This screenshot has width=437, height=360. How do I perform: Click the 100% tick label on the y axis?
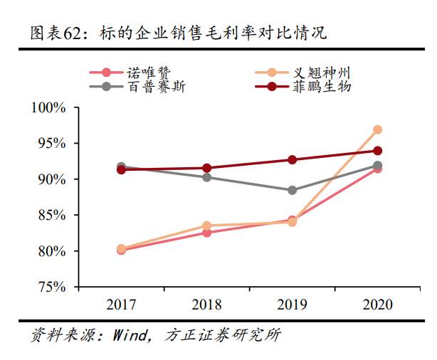[49, 107]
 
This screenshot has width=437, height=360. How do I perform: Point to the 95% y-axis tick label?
[52, 143]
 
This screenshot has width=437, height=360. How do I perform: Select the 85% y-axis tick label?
[52, 215]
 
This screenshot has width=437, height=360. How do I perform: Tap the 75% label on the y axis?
[52, 287]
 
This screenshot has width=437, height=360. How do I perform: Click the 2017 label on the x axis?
[121, 305]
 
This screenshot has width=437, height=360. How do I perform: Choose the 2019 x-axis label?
[292, 305]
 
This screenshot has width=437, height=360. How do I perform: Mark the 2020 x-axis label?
[377, 305]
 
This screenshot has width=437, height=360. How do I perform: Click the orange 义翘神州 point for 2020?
[377, 129]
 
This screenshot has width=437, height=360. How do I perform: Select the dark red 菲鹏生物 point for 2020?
[377, 151]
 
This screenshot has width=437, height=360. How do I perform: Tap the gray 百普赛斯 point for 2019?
[292, 190]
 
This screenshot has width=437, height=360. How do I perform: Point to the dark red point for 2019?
[292, 159]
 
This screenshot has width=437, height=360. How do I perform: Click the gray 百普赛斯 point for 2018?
[206, 176]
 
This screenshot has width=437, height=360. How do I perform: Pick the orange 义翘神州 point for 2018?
[206, 226]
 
